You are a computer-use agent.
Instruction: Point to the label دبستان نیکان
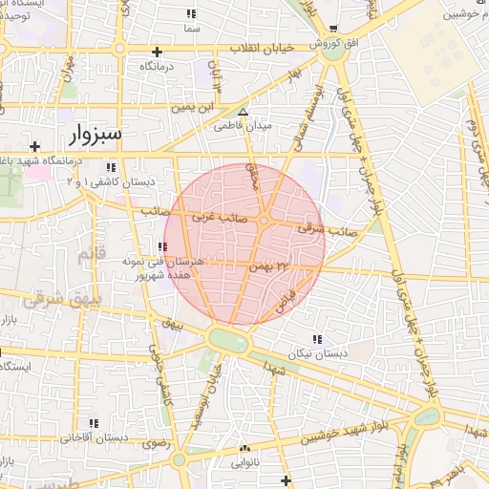click(x=317, y=352)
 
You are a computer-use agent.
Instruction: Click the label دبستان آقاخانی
click(x=95, y=437)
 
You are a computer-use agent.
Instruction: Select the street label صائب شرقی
click(x=327, y=229)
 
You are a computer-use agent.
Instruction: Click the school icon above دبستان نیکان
click(x=317, y=339)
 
